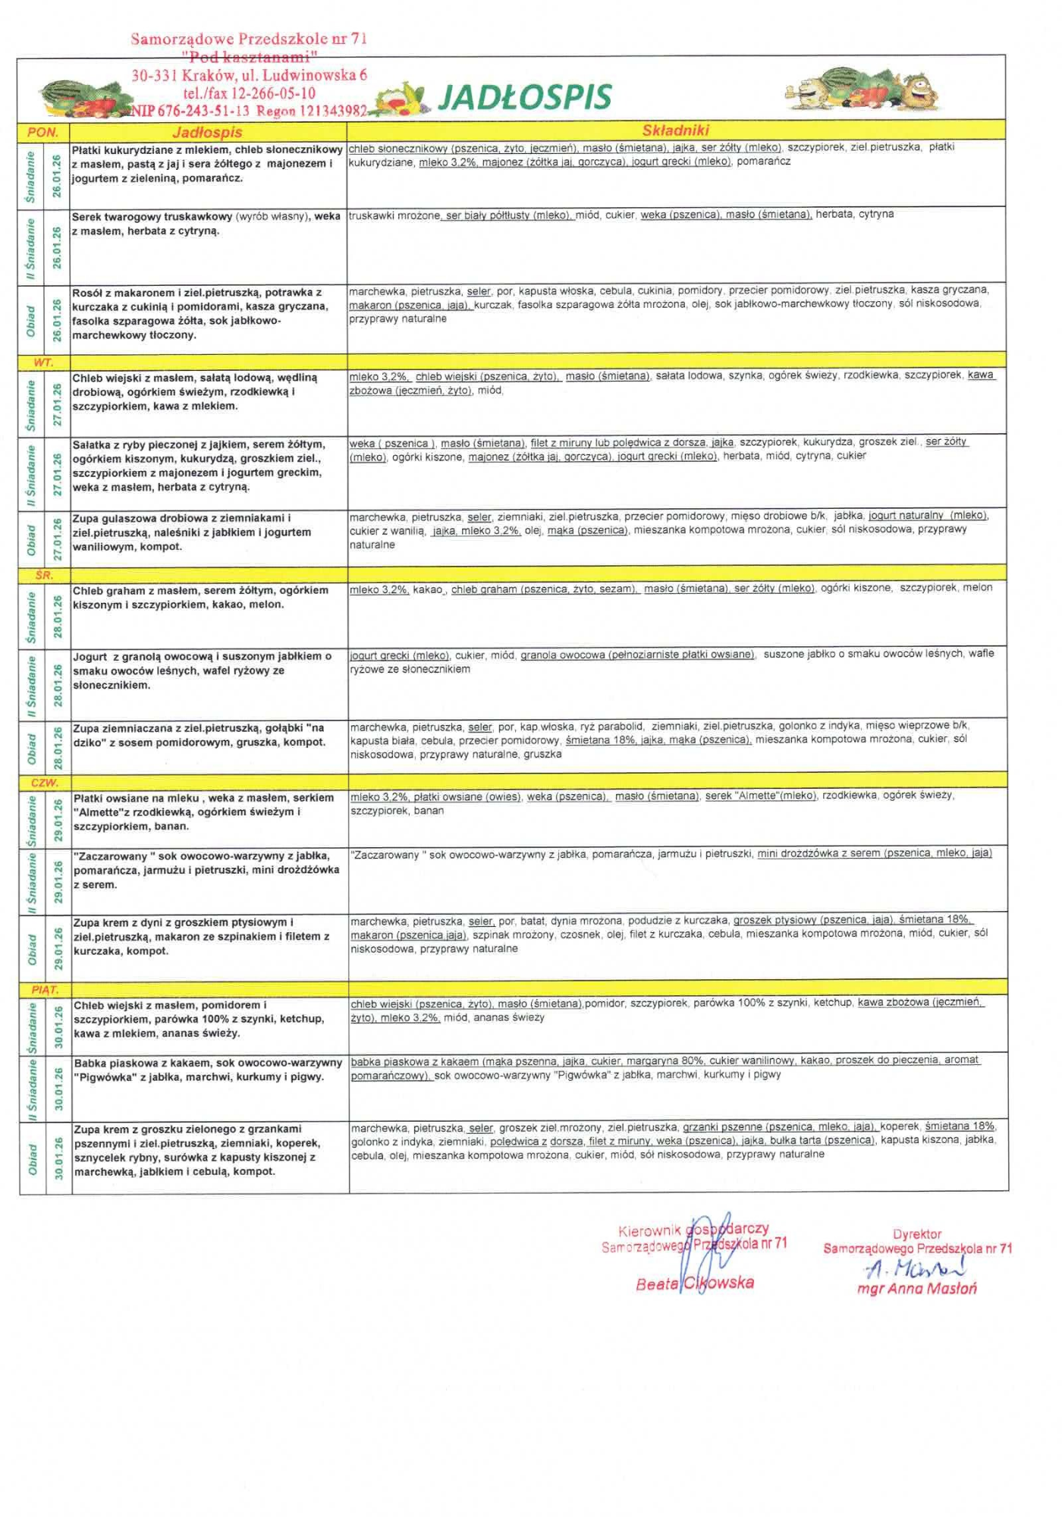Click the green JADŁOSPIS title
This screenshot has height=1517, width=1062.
click(x=525, y=97)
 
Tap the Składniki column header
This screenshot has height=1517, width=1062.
click(x=675, y=130)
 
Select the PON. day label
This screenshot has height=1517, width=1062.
click(x=43, y=132)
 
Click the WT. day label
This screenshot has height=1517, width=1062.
click(x=43, y=363)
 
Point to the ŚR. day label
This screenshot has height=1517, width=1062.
click(x=44, y=575)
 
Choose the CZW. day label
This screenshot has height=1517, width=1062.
click(x=45, y=782)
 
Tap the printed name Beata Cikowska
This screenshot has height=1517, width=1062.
click(x=695, y=1283)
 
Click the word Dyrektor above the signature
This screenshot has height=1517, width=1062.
click(x=917, y=1234)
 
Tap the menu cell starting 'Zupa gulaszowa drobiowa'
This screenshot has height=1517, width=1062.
click(x=205, y=532)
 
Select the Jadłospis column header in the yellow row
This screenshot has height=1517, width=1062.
click(x=207, y=132)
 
